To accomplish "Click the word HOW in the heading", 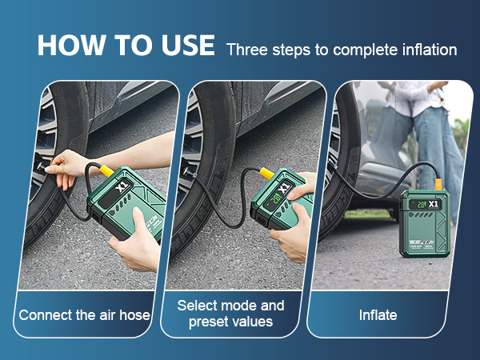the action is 71,45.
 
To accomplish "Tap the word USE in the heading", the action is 188,45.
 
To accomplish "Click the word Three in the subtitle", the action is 247,50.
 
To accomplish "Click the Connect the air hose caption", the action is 85,315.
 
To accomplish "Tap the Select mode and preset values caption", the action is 231,314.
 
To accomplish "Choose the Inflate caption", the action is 378,315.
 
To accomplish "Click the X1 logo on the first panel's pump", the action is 122,186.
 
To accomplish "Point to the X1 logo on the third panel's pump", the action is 433,204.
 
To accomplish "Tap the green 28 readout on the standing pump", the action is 422,204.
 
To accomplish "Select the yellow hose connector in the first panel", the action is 107,170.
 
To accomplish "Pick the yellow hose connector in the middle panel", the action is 267,173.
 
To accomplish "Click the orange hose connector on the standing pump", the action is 438,185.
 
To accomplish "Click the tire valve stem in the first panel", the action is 41,166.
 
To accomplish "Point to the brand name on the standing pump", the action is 422,242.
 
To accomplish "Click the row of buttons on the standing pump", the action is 421,215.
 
